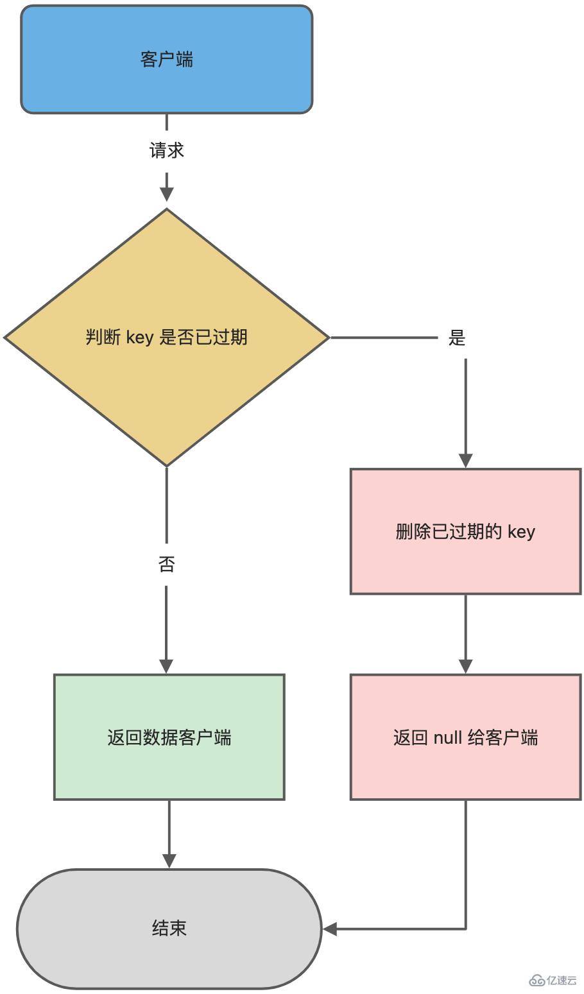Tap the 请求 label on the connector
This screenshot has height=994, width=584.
point(166,150)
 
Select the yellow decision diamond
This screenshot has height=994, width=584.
point(166,385)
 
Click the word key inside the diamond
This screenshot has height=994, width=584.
point(139,337)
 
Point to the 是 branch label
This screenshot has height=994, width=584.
point(456,338)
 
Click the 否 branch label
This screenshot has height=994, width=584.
point(166,564)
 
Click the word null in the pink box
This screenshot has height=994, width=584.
point(447,737)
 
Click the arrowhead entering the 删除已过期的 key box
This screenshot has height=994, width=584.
point(465,460)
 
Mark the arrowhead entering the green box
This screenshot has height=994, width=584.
point(166,665)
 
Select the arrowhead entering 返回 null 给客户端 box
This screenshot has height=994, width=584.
point(465,665)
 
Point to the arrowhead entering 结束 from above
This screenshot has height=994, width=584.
point(169,861)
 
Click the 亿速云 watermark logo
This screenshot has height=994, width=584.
point(553,980)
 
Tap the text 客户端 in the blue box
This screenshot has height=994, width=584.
point(166,59)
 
